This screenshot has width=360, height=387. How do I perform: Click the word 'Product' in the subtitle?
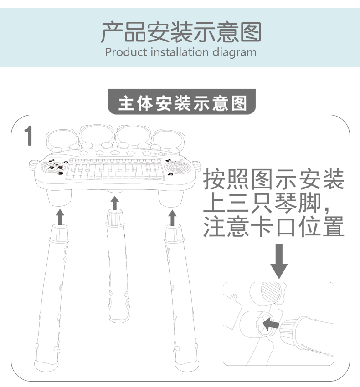click(126, 52)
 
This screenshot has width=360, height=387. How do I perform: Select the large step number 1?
click(28, 136)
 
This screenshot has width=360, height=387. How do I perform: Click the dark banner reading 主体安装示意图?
click(182, 102)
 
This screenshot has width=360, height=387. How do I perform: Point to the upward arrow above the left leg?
click(60, 217)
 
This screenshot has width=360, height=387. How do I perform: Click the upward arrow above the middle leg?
click(114, 203)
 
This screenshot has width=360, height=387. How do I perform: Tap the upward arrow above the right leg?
click(172, 218)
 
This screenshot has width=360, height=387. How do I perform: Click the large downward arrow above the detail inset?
click(279, 261)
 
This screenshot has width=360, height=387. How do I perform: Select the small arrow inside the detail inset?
click(271, 324)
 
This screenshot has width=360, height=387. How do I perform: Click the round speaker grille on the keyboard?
click(177, 167)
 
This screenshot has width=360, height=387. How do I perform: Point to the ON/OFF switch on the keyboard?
click(161, 154)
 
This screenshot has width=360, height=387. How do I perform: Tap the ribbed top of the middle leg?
click(115, 218)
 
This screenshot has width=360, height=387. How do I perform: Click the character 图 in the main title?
click(251, 32)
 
